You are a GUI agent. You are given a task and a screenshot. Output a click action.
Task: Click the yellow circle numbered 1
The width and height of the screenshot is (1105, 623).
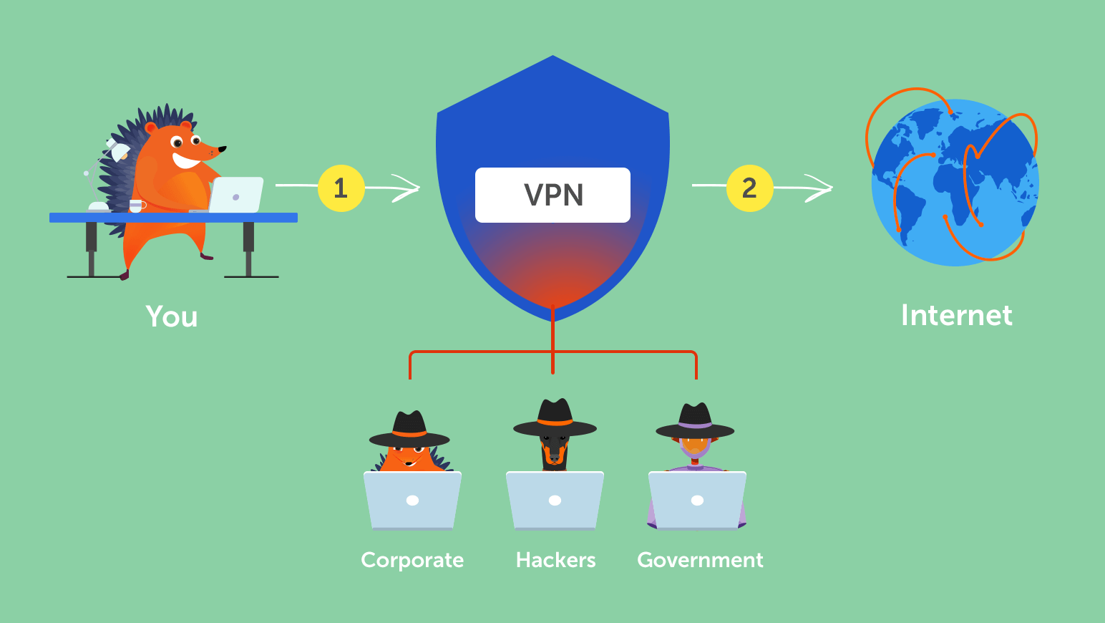pyautogui.click(x=341, y=188)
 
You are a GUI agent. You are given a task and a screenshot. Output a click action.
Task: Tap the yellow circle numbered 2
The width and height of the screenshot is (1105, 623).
pyautogui.click(x=749, y=188)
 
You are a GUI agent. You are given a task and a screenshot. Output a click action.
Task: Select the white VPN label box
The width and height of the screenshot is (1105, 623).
pyautogui.click(x=552, y=195)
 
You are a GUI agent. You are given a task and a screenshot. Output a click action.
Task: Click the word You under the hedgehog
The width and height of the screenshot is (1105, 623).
pyautogui.click(x=172, y=317)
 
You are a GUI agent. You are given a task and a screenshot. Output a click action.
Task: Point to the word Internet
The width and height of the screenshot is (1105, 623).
pyautogui.click(x=956, y=315)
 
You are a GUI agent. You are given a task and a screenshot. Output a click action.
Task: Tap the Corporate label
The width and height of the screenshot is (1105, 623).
pyautogui.click(x=412, y=560)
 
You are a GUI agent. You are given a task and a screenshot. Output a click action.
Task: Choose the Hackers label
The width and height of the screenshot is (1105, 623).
pyautogui.click(x=555, y=560)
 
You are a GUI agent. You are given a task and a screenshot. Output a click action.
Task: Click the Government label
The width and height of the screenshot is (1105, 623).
pyautogui.click(x=700, y=560)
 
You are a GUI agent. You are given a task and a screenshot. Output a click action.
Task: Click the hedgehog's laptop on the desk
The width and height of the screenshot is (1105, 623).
pyautogui.click(x=236, y=195)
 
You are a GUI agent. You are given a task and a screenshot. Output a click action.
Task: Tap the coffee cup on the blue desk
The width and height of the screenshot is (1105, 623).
pyautogui.click(x=136, y=206)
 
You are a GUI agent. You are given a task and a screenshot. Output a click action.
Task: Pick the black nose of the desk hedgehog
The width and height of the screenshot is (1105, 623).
pyautogui.click(x=223, y=149)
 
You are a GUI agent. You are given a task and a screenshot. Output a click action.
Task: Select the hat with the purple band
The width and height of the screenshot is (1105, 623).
pyautogui.click(x=695, y=420)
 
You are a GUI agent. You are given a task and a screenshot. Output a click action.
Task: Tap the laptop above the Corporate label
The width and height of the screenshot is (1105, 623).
pyautogui.click(x=412, y=501)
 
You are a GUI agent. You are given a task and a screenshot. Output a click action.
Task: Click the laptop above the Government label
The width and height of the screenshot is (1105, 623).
pyautogui.click(x=697, y=501)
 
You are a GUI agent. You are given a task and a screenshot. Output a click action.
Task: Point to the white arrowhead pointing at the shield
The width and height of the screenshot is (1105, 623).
pyautogui.click(x=408, y=188)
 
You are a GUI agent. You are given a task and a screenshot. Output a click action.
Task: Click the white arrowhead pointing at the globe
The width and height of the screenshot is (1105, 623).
pyautogui.click(x=821, y=188)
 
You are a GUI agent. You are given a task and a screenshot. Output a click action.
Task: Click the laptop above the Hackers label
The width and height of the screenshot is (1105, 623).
pyautogui.click(x=555, y=501)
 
